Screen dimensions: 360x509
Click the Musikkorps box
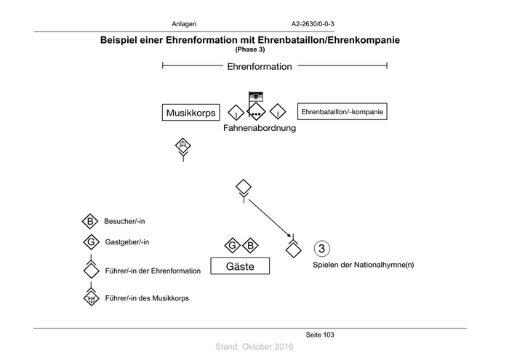click(192, 113)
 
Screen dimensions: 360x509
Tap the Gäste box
click(240, 267)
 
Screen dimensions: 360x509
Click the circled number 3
click(322, 247)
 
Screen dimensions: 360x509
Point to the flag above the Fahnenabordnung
click(255, 96)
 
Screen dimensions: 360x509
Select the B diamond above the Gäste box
click(249, 244)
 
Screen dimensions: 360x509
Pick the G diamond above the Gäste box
click(232, 244)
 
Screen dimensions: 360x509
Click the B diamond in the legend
click(90, 221)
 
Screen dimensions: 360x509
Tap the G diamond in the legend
click(90, 242)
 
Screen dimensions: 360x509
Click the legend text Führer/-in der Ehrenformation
click(153, 271)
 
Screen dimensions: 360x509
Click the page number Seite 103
click(320, 335)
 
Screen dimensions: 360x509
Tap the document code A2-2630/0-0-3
click(312, 24)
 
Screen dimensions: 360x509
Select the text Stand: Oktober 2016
click(254, 348)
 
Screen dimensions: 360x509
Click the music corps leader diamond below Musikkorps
click(183, 145)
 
